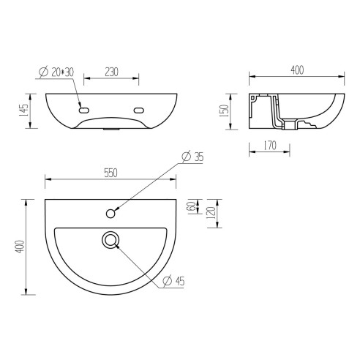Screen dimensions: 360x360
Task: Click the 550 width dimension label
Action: click(x=110, y=173)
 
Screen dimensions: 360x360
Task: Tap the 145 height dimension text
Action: click(x=25, y=111)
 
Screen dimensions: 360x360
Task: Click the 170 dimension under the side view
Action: click(x=269, y=146)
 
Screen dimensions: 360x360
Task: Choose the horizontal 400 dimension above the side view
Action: click(x=296, y=70)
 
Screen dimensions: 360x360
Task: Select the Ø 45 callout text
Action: click(x=175, y=281)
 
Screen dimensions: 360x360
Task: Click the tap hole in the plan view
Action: click(x=110, y=213)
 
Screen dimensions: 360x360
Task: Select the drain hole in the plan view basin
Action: click(x=110, y=239)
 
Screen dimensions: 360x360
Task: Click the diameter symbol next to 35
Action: click(x=186, y=156)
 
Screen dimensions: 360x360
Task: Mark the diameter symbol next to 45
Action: click(x=167, y=281)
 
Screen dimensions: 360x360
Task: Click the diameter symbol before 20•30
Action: click(x=42, y=72)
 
